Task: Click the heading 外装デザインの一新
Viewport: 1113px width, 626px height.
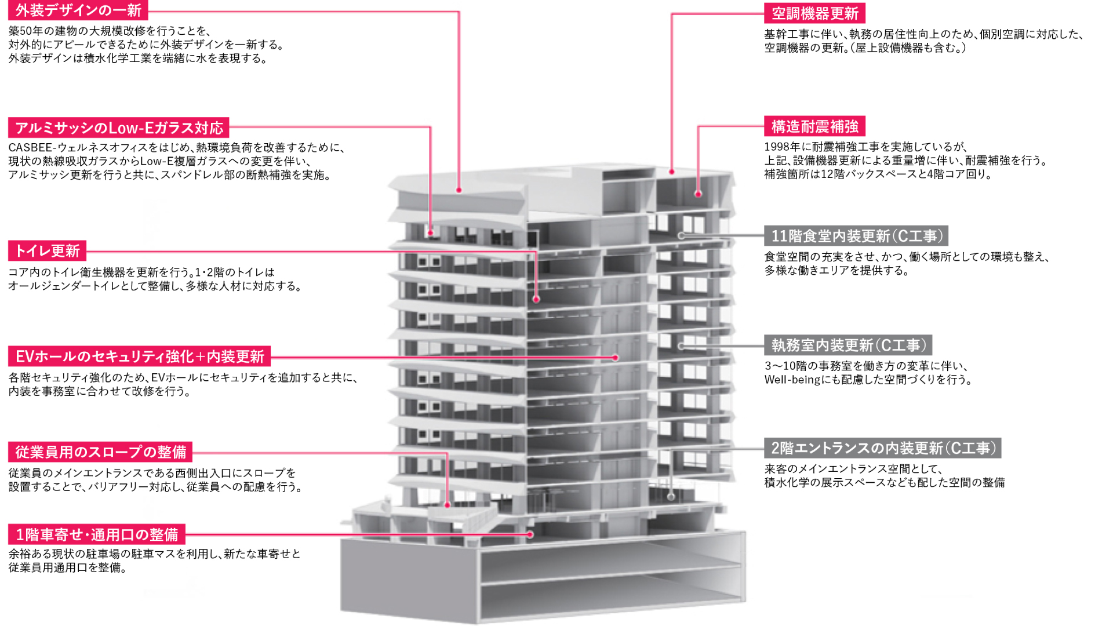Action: (78, 10)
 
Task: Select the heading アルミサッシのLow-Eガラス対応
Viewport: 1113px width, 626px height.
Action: (119, 128)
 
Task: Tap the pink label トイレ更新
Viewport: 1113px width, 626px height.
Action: (48, 250)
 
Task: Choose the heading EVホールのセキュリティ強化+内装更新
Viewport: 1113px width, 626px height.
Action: (140, 356)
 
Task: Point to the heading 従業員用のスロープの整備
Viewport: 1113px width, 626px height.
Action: (100, 452)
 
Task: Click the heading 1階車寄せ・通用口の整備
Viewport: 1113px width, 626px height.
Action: (97, 534)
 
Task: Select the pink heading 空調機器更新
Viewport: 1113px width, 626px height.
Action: (814, 13)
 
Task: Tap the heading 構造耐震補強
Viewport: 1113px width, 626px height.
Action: (814, 126)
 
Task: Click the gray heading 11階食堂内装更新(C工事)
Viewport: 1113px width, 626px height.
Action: (856, 236)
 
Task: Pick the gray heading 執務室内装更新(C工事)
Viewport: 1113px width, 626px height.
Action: (848, 345)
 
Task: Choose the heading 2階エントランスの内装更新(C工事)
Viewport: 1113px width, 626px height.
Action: (882, 448)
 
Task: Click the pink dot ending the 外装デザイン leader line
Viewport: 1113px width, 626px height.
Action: (459, 190)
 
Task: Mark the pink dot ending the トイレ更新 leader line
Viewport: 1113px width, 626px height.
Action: (536, 300)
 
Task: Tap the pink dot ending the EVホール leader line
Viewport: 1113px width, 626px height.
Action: (616, 358)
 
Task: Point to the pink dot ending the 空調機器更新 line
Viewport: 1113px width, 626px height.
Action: (672, 172)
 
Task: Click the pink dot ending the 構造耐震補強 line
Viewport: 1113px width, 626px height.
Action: (698, 194)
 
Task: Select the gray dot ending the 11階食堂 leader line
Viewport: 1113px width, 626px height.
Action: (681, 236)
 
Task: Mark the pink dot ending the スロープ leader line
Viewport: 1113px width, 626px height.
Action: (447, 505)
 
